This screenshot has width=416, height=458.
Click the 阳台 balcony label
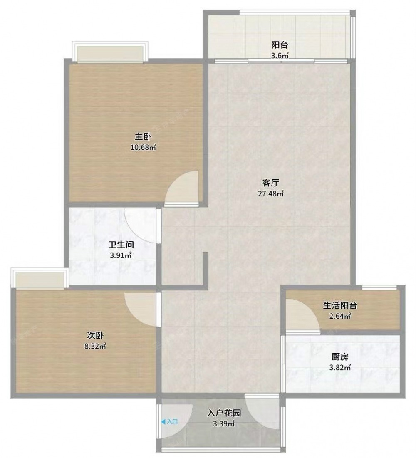tap(280, 45)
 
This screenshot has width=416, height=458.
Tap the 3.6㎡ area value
tap(280, 55)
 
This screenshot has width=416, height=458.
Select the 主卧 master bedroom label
tap(143, 136)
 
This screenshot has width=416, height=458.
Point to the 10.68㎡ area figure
tap(143, 147)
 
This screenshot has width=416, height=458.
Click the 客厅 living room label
tap(270, 183)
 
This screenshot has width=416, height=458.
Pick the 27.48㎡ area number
tap(271, 193)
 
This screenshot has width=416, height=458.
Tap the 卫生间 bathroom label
tap(121, 245)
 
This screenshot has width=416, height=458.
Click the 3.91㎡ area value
tap(121, 255)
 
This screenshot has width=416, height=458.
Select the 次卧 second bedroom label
tap(95, 335)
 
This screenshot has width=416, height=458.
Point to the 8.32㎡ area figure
tap(95, 346)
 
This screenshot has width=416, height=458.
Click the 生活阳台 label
tap(340, 305)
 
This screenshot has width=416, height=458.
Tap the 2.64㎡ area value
tap(340, 316)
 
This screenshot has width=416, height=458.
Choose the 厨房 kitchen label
tap(340, 356)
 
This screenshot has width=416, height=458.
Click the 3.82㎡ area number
tap(340, 367)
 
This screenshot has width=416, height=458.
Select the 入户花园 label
tap(224, 413)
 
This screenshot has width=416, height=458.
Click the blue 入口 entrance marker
tap(170, 421)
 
